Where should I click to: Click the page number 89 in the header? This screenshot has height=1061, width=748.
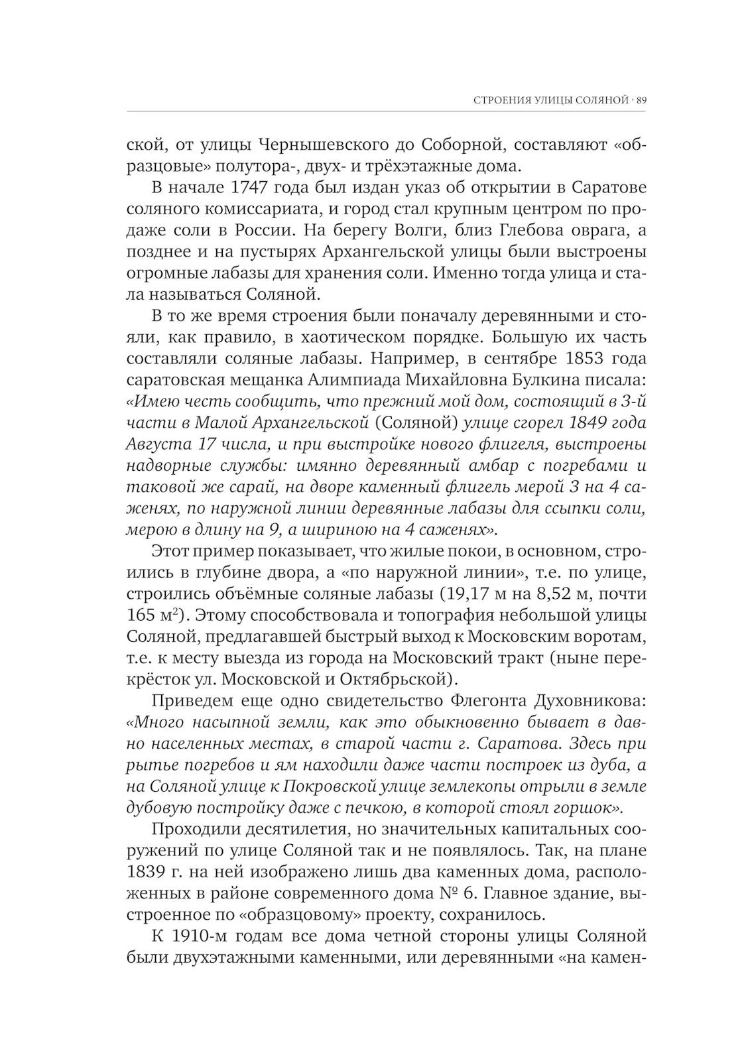pyautogui.click(x=641, y=100)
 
